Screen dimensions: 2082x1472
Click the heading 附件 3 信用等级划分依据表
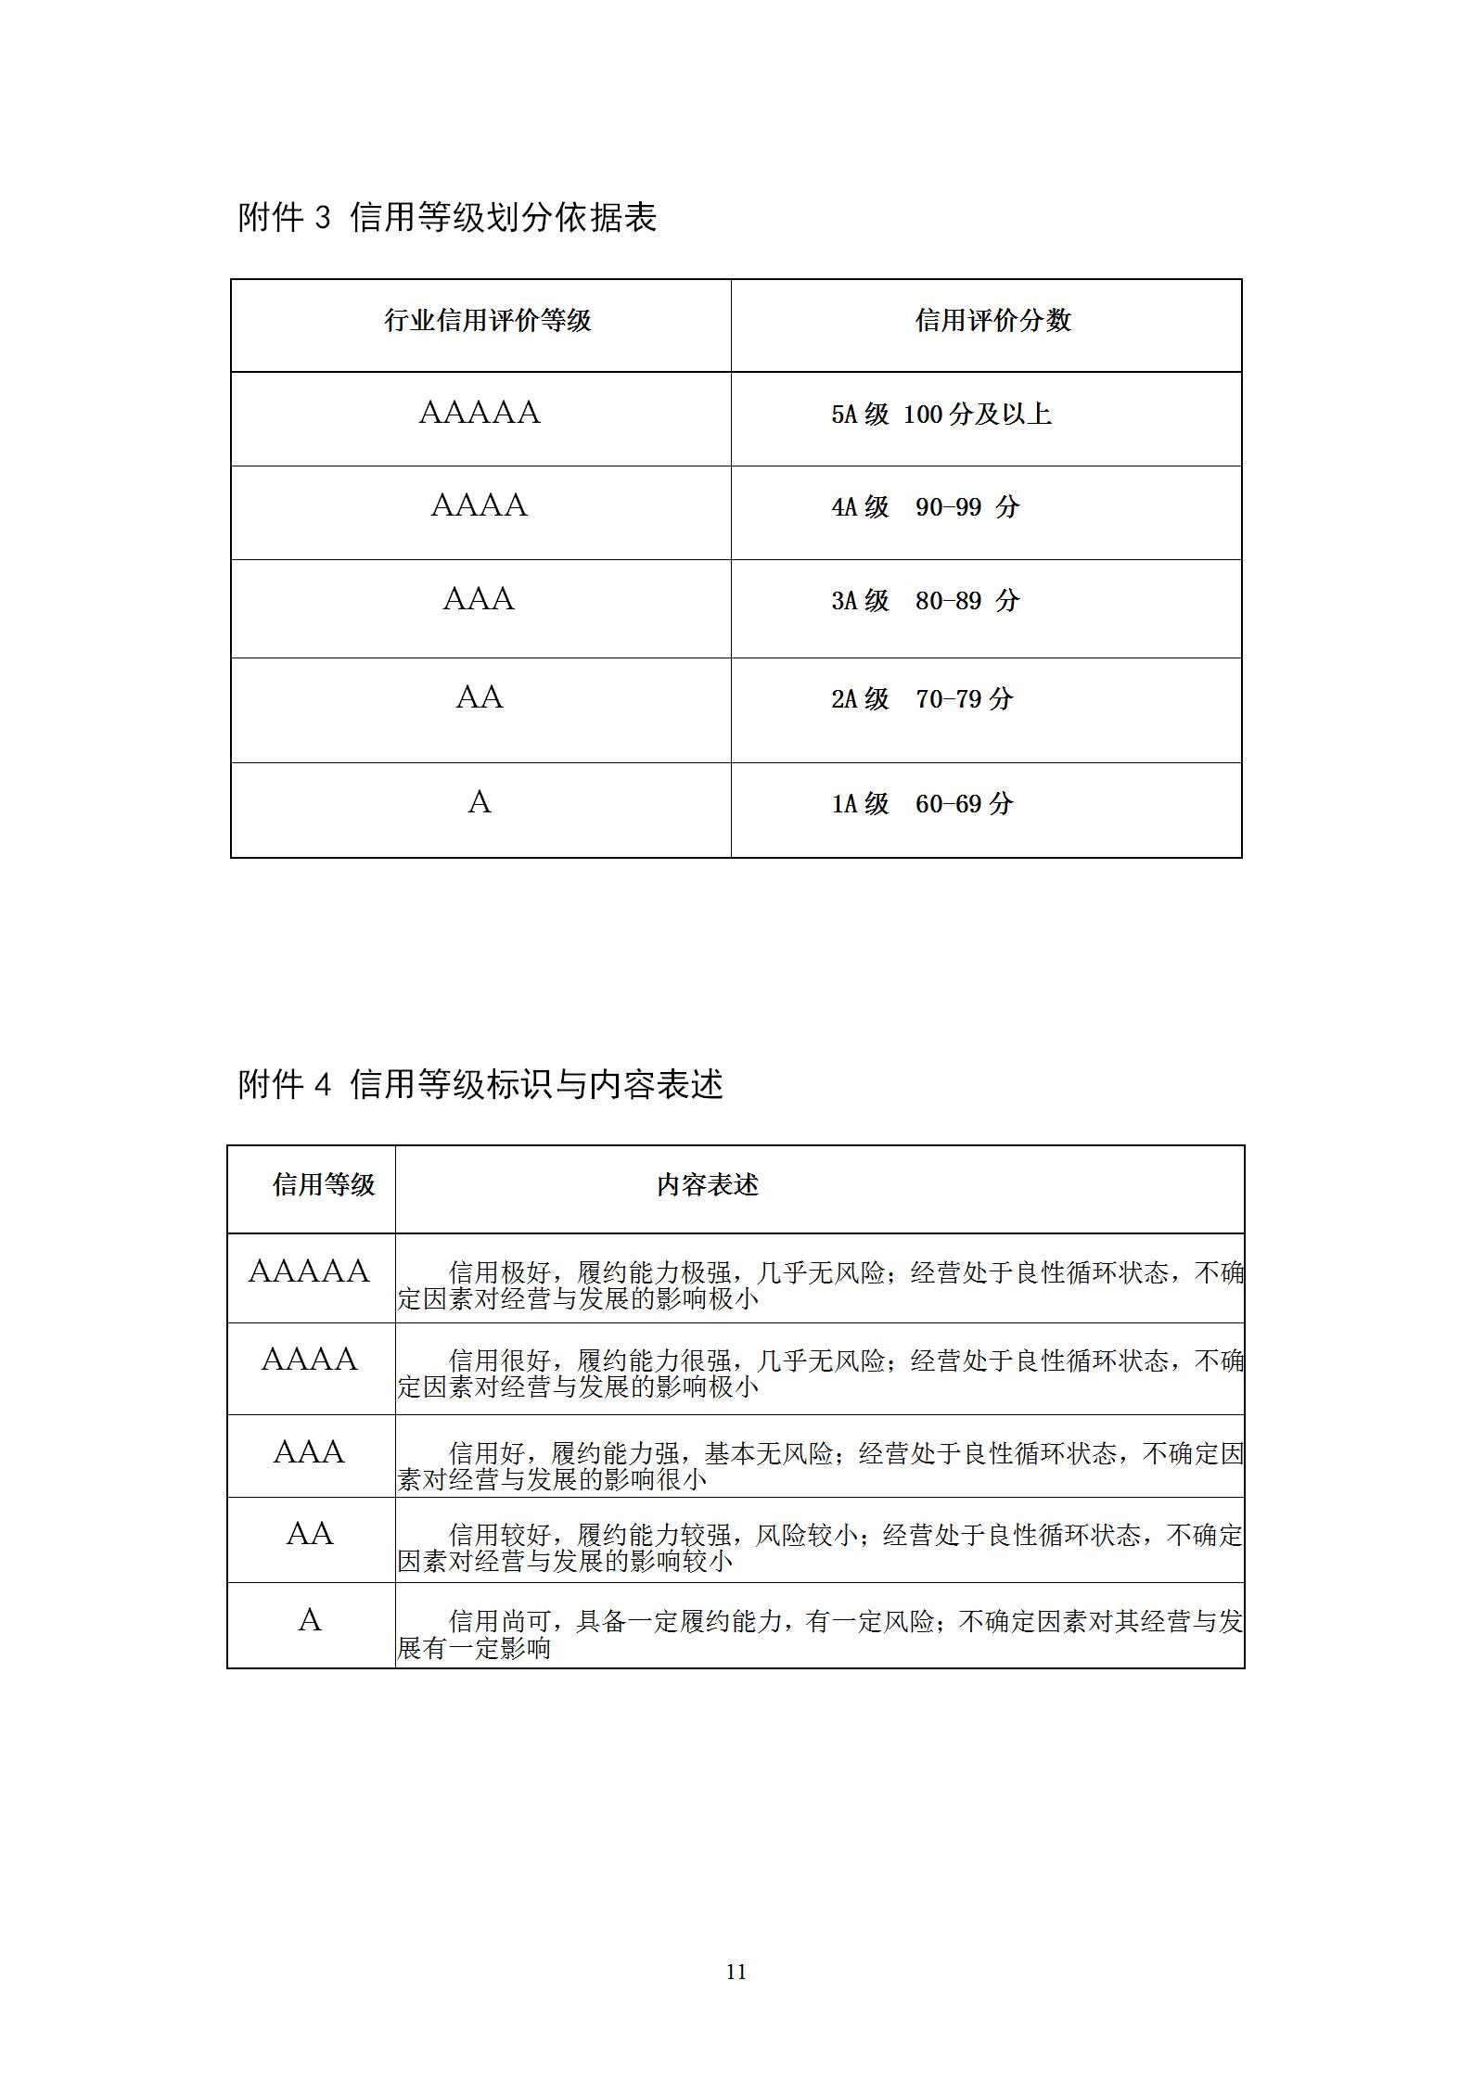click(447, 217)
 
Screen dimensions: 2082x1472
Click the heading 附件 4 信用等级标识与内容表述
click(480, 1083)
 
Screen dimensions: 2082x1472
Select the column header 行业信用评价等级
click(488, 321)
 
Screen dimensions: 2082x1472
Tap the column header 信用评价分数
click(992, 321)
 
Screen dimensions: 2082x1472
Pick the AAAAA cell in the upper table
click(480, 413)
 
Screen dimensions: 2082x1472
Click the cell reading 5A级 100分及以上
click(941, 414)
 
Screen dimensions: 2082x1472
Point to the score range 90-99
click(948, 507)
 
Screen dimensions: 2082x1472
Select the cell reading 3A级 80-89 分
click(925, 601)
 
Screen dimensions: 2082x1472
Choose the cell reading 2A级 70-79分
click(921, 699)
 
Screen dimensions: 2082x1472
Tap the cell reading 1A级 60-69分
click(921, 804)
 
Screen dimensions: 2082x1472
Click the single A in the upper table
click(480, 802)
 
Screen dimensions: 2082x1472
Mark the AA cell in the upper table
click(480, 697)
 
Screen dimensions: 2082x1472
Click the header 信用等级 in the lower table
click(323, 1184)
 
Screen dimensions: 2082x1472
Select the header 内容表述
click(708, 1184)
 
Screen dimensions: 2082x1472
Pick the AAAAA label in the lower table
click(309, 1271)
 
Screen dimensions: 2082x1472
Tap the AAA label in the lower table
click(309, 1452)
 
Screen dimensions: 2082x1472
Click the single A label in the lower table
click(310, 1620)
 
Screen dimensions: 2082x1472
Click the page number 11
click(736, 1973)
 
